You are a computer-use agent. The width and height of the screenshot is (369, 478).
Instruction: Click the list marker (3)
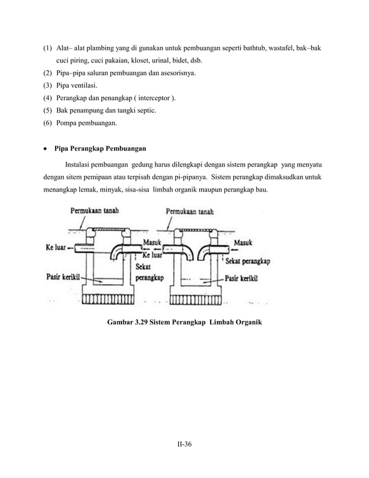(47, 86)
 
